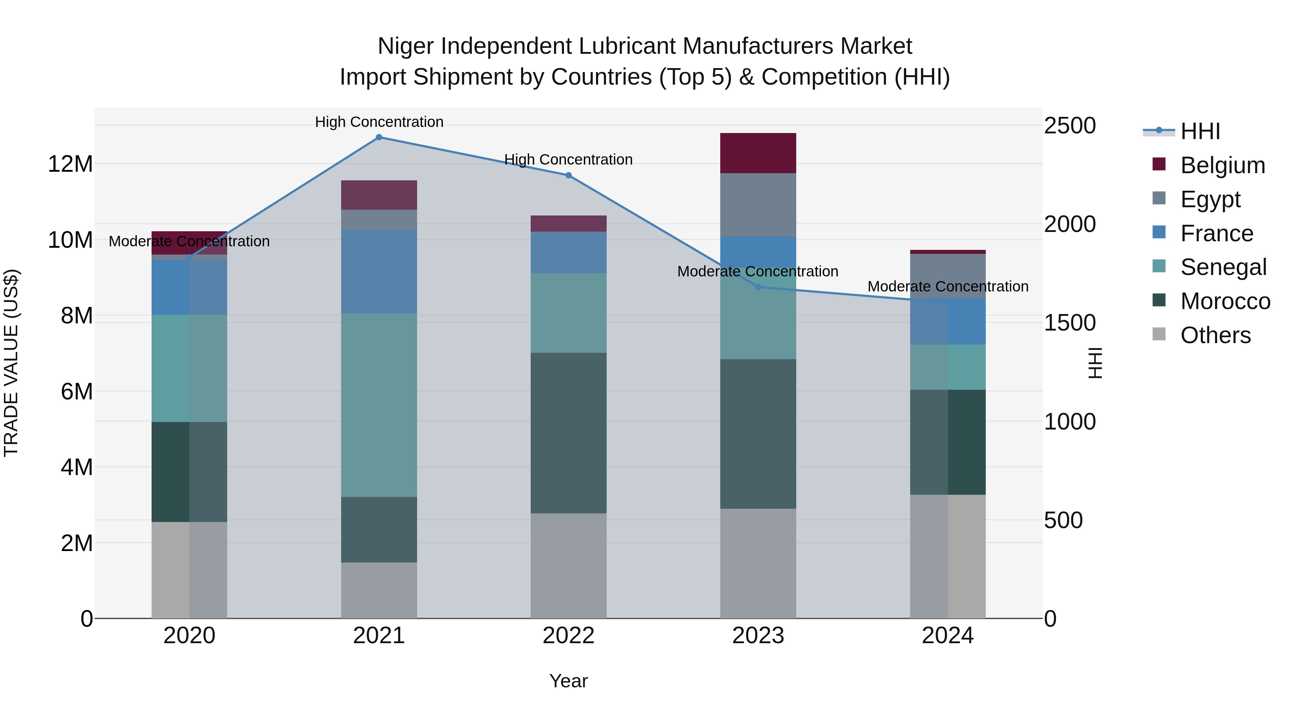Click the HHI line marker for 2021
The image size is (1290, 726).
click(x=379, y=137)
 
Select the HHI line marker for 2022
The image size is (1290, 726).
click(x=568, y=175)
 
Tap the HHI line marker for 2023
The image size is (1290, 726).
click(x=758, y=287)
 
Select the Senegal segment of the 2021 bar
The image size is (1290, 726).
click(x=379, y=405)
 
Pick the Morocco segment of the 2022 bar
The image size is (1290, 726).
click(x=568, y=433)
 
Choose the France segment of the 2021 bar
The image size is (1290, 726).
click(x=379, y=271)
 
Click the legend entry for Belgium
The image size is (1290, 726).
click(x=1222, y=165)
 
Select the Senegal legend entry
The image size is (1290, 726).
click(x=1223, y=267)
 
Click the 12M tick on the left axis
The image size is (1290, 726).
click(x=70, y=164)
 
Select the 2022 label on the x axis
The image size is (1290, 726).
click(x=568, y=636)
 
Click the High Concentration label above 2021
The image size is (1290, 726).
click(x=379, y=122)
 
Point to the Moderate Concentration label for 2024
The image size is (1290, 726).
click(x=947, y=286)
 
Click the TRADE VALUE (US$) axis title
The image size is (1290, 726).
click(x=11, y=363)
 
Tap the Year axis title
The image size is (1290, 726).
click(x=568, y=681)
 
